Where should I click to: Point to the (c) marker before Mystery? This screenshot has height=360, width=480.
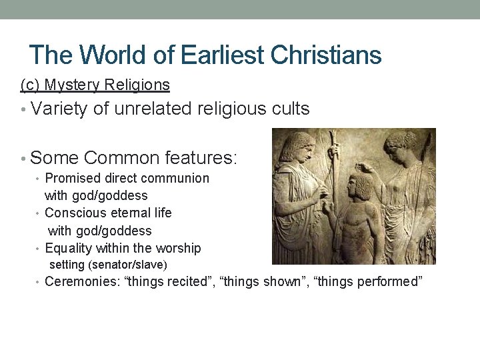point(29,85)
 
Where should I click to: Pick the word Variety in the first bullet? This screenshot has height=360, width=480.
point(59,109)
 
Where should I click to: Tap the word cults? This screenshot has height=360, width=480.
point(291,109)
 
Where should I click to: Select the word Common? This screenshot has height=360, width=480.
point(111,158)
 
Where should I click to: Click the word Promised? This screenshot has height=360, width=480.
point(73,179)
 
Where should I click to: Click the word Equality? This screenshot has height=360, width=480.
point(69,248)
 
